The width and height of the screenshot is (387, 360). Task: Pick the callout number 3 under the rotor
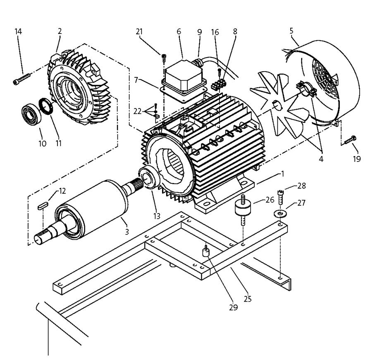point(127,233)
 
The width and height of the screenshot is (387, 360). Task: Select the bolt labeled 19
point(349,139)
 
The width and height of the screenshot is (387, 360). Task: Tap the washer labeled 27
point(281,214)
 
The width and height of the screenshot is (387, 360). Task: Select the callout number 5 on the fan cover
point(291,31)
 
